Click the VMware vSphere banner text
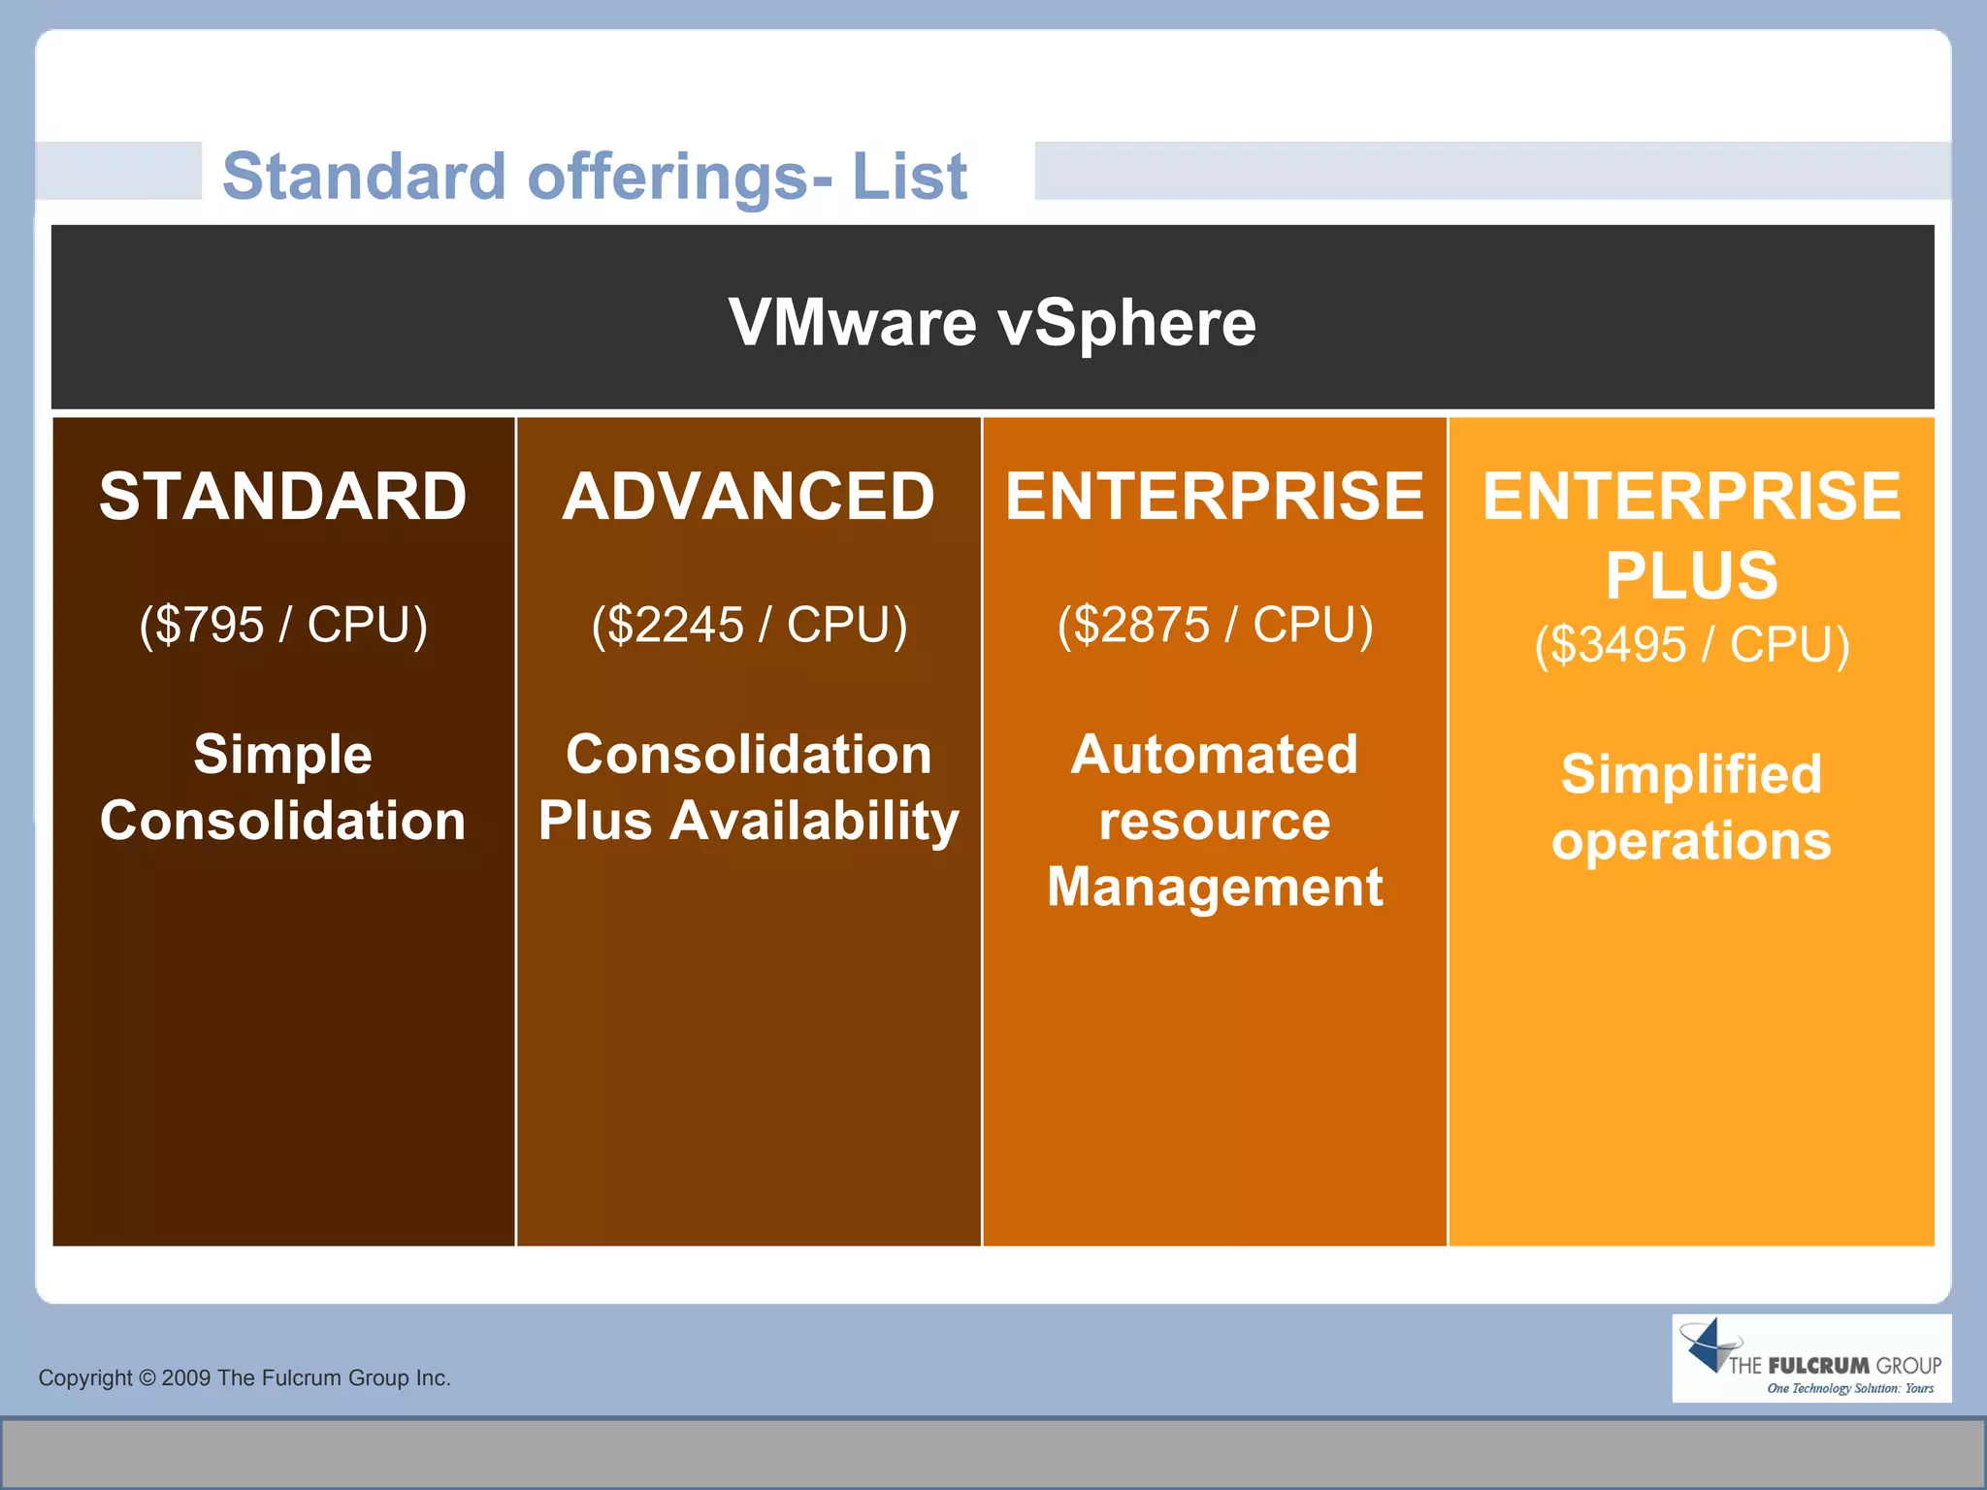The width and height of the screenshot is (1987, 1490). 992,323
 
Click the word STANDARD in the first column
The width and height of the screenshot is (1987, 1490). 282,497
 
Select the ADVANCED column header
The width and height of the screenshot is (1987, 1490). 748,497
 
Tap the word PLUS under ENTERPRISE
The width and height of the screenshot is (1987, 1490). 1691,575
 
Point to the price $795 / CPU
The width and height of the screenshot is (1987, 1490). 282,625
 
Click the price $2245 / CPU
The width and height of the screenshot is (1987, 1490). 748,625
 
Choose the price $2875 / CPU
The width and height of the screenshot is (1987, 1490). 1215,625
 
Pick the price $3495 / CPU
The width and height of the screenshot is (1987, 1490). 1691,645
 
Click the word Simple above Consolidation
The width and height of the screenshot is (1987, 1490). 282,754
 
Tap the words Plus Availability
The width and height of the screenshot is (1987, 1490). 748,821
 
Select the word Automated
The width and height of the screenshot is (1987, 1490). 1215,754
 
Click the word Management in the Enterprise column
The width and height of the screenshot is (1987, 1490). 1215,887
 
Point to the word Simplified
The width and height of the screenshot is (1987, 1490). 1691,774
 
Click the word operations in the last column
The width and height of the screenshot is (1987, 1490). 1691,840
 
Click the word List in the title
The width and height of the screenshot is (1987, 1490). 909,177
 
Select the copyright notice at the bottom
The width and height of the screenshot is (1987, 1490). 244,1377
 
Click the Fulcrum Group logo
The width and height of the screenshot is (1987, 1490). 1810,1358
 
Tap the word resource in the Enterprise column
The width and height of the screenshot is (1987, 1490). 1215,821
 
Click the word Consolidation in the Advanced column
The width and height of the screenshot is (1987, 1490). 748,754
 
